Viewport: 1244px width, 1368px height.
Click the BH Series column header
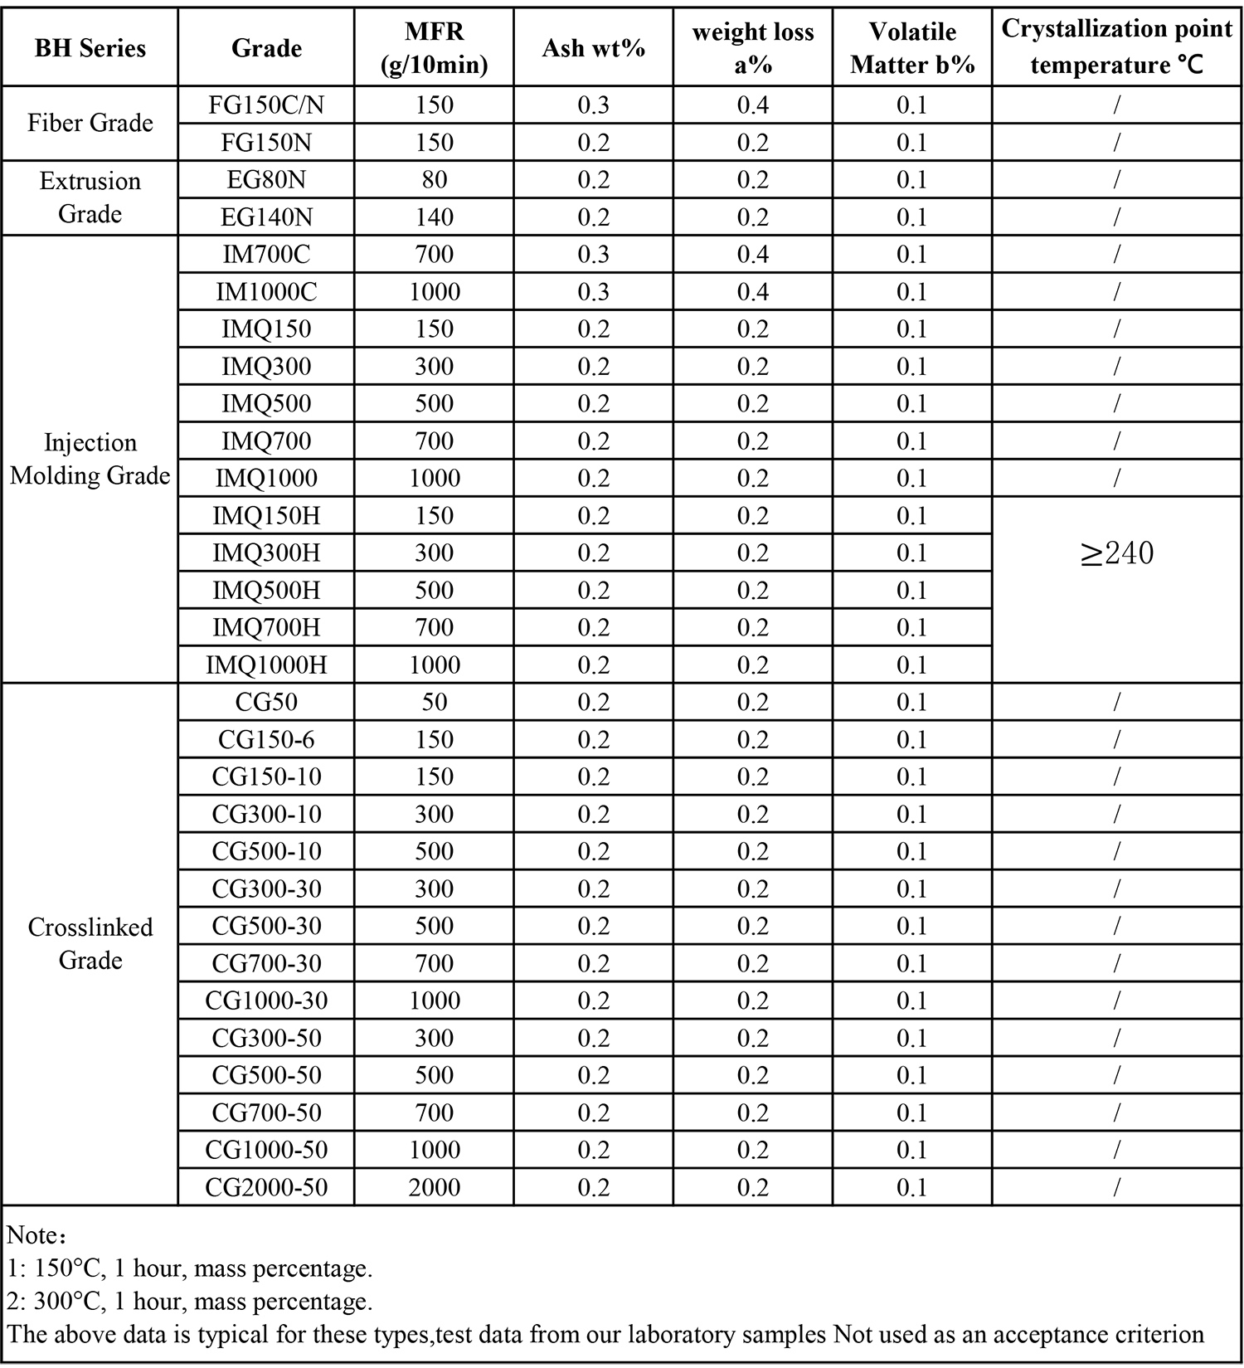[x=90, y=48]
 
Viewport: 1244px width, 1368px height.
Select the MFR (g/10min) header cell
[x=434, y=48]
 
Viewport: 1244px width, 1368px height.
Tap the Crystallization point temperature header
[x=1116, y=46]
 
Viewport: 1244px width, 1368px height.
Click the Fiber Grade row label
[x=90, y=124]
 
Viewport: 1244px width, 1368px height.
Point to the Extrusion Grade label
[x=90, y=197]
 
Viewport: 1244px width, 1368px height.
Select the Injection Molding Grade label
[x=90, y=459]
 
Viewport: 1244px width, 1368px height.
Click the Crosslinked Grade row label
[x=90, y=943]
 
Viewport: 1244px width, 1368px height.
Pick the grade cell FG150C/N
[x=266, y=105]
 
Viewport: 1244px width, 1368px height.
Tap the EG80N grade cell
[x=266, y=180]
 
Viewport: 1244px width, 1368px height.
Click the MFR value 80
[x=434, y=180]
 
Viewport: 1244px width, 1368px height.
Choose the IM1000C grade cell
[x=266, y=292]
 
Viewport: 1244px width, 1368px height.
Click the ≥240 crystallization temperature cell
[x=1116, y=553]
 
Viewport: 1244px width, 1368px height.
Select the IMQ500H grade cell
[x=266, y=591]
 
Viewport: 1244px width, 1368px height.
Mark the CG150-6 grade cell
[x=266, y=740]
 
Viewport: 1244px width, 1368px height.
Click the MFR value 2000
[x=434, y=1187]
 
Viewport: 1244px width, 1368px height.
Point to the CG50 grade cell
[x=266, y=703]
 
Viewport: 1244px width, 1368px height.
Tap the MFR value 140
[x=434, y=217]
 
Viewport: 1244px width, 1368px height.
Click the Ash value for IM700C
[x=593, y=255]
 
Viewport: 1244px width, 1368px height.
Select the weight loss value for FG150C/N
[x=752, y=105]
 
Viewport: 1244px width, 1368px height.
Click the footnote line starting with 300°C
[x=190, y=1301]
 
